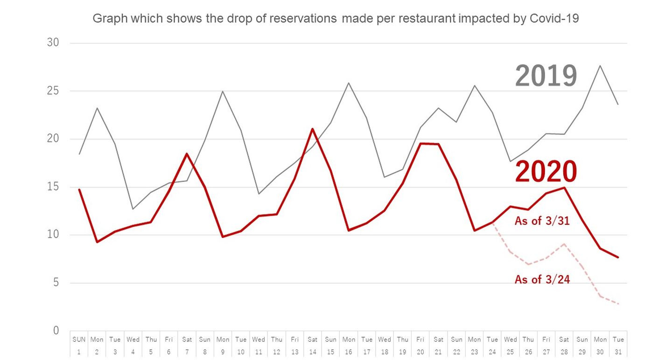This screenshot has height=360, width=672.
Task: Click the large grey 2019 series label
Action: [546, 76]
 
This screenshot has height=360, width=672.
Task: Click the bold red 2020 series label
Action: [546, 172]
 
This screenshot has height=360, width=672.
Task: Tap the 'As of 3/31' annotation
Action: [542, 221]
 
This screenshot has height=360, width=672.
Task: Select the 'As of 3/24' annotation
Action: [542, 279]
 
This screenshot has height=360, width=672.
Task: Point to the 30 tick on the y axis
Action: [53, 43]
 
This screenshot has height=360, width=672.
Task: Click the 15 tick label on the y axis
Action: [53, 187]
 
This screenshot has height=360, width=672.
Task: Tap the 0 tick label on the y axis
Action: [56, 331]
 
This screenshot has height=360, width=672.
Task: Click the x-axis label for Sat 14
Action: [313, 344]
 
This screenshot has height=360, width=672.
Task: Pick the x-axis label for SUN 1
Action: [79, 344]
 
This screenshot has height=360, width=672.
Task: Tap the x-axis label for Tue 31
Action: [618, 344]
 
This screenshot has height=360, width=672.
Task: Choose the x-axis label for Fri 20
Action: [420, 344]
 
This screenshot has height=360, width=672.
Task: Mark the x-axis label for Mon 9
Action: [223, 344]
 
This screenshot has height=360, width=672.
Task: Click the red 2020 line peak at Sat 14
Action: [313, 129]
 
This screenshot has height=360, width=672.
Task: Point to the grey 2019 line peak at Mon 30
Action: [600, 65]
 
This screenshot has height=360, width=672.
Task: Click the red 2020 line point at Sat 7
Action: [187, 153]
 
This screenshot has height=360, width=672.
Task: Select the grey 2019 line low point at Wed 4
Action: [133, 208]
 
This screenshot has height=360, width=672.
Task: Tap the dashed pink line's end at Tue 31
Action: [618, 304]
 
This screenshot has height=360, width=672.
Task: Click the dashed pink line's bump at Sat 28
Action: [564, 244]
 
